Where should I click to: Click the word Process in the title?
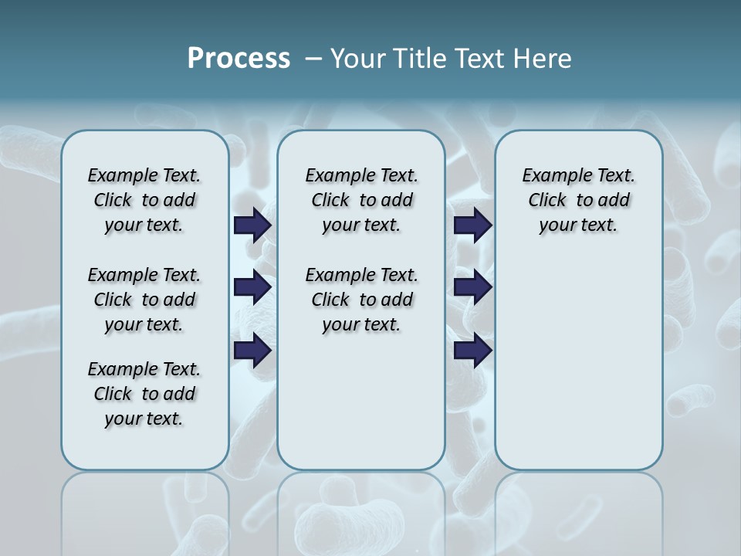click(239, 59)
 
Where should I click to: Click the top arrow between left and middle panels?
click(252, 225)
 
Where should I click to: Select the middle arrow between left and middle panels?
click(252, 287)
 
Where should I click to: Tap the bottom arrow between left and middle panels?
click(252, 350)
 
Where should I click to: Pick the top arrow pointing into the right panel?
click(472, 225)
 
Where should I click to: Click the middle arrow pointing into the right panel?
click(472, 287)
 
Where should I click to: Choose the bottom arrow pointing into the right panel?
click(472, 350)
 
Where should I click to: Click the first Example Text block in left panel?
click(144, 200)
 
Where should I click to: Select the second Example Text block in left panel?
click(144, 300)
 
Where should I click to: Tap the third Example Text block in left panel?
click(144, 394)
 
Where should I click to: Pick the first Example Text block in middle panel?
click(361, 200)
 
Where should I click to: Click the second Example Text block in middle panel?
click(361, 300)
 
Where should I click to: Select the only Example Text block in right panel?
click(578, 200)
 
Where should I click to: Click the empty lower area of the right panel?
click(578, 363)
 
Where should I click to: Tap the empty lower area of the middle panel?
click(361, 402)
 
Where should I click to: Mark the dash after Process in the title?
click(312, 59)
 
